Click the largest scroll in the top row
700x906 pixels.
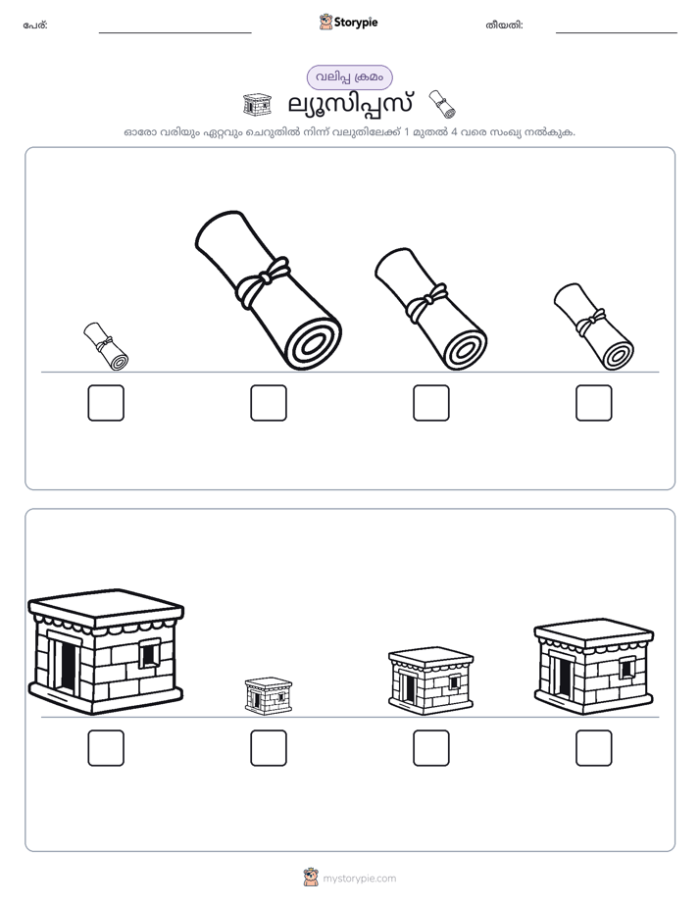(268, 290)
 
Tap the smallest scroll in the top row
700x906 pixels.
(106, 346)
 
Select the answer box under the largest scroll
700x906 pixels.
(269, 403)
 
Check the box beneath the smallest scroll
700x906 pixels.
(106, 403)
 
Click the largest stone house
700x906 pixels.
(106, 651)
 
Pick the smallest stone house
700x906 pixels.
(269, 696)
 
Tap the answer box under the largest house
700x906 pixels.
(106, 748)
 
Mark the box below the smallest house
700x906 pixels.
(269, 748)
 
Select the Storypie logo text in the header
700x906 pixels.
(356, 22)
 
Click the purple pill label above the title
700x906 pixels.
(349, 77)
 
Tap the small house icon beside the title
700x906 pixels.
(257, 105)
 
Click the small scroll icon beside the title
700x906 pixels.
(442, 104)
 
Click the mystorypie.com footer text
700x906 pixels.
(359, 879)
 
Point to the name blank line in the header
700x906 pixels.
(175, 33)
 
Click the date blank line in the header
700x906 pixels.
(617, 33)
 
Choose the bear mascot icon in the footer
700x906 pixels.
(311, 878)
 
